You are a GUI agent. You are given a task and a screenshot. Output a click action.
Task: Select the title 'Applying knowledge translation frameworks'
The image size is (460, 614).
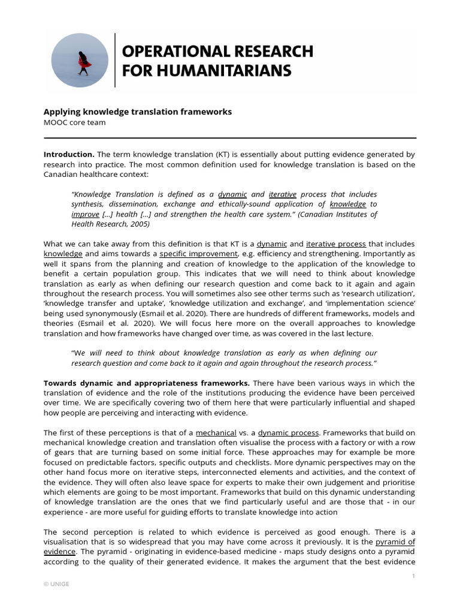pos(137,112)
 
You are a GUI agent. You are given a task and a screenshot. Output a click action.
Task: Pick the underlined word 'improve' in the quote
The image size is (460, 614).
pos(85,214)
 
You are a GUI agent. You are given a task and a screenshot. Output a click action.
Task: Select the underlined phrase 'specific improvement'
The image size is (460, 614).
pos(189,254)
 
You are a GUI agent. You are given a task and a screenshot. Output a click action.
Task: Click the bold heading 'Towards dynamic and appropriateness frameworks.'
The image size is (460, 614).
pos(147,383)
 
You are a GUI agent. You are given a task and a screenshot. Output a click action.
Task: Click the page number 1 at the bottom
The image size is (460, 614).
pos(413,576)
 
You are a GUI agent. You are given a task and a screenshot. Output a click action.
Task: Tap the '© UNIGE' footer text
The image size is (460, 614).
pos(56,585)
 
